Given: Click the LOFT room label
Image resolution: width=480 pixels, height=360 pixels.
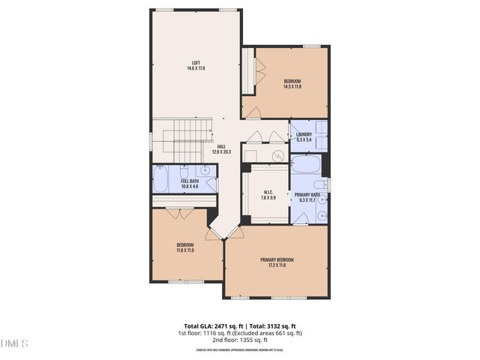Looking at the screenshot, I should pyautogui.click(x=196, y=63).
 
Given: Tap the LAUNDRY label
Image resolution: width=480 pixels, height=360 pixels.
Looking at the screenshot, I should pyautogui.click(x=304, y=134).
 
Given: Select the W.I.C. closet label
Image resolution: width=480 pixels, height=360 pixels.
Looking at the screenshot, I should pyautogui.click(x=268, y=193).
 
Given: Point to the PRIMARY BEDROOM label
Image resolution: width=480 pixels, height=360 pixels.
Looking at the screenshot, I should pyautogui.click(x=277, y=259).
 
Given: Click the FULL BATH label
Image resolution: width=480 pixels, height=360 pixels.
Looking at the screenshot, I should pyautogui.click(x=190, y=181).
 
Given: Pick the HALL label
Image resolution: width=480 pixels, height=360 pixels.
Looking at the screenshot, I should pyautogui.click(x=221, y=146).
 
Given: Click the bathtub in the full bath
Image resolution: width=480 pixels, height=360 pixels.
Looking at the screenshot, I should pyautogui.click(x=161, y=179).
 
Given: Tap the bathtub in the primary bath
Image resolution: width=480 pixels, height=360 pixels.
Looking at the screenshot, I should pyautogui.click(x=305, y=164).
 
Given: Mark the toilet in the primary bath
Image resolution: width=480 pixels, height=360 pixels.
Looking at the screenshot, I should pyautogui.click(x=319, y=184).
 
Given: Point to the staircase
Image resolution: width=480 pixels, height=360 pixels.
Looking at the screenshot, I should pyautogui.click(x=183, y=139).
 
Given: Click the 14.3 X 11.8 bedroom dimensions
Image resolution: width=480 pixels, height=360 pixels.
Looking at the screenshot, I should pyautogui.click(x=292, y=86).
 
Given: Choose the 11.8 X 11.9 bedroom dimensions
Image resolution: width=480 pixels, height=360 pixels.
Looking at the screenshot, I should pyautogui.click(x=185, y=250).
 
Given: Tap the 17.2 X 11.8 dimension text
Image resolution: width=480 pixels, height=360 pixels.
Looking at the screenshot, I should pyautogui.click(x=277, y=265).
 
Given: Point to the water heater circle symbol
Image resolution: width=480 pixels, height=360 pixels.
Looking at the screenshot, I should pyautogui.click(x=278, y=156).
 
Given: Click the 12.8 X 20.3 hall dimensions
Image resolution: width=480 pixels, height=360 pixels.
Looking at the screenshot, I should pyautogui.click(x=221, y=151).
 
